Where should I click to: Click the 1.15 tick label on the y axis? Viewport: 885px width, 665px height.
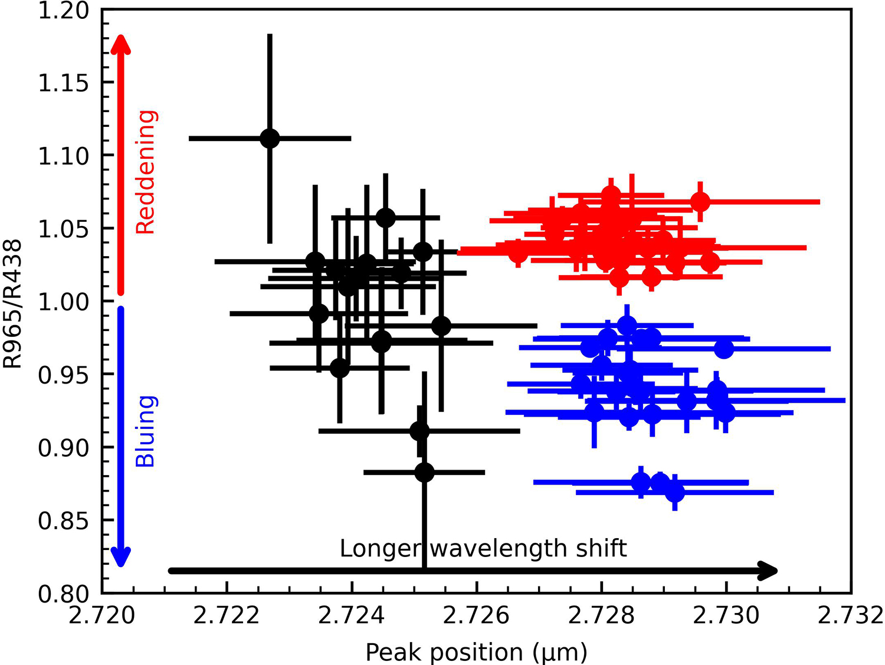63,83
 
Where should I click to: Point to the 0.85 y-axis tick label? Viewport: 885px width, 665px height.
63,521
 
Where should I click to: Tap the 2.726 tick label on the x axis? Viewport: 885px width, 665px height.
476,615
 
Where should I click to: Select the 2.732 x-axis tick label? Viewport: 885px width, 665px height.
851,615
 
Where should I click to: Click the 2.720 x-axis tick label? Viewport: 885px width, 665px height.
102,615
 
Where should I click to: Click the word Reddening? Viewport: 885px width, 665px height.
145,172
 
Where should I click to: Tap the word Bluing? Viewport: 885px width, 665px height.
145,431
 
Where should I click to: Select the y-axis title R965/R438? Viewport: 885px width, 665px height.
13,303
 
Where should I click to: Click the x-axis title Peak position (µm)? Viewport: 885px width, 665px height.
476,652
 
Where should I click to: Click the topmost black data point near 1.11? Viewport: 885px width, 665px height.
270,139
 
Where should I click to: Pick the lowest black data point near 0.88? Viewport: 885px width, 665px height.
424,473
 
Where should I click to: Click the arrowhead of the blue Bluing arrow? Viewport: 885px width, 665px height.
120,557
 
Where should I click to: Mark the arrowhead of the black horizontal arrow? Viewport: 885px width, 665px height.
769,571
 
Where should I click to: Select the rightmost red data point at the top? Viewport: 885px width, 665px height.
700,202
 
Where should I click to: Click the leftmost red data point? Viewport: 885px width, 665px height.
517,253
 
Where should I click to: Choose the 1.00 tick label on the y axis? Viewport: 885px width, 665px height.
63,302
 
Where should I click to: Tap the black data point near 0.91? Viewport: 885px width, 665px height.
419,431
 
